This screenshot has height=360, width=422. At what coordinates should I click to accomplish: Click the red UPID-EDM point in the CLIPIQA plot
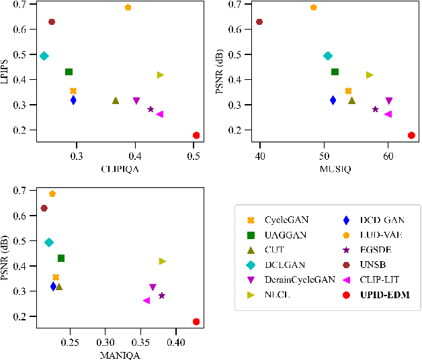coord(196,136)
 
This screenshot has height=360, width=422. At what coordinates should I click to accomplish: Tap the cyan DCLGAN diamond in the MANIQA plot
coord(48,242)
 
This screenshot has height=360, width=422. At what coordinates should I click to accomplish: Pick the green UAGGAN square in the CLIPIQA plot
coord(69,72)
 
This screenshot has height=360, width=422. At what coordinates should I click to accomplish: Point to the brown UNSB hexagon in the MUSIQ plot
coord(259,22)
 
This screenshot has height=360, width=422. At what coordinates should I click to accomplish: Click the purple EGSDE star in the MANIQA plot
coord(161,296)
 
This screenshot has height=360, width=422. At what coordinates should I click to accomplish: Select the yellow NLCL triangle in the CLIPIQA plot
coord(160,75)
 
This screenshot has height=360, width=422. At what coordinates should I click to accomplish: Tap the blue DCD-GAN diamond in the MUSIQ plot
coord(333,100)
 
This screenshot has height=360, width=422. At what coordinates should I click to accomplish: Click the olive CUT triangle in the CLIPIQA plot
coord(116,101)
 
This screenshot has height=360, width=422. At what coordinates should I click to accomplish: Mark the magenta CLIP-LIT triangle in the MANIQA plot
coord(146,300)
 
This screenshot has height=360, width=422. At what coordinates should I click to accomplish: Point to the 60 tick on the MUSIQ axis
coord(388,156)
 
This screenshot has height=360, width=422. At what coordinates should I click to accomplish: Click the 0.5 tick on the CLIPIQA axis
coord(194,156)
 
